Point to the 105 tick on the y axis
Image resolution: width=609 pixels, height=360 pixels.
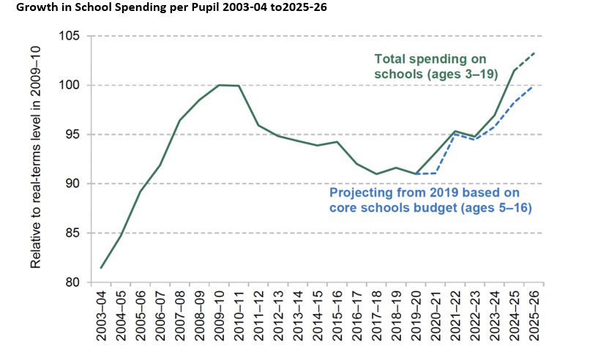tap(70, 36)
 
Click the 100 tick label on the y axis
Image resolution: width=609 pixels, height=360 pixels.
tap(70, 86)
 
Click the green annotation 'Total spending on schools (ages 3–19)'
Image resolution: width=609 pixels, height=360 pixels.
tap(430, 66)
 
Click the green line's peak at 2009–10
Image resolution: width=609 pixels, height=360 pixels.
tap(220, 85)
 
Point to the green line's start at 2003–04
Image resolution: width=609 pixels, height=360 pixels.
tap(101, 268)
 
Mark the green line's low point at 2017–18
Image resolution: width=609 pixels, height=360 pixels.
tap(376, 174)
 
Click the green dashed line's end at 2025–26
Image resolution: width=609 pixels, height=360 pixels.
tap(534, 53)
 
